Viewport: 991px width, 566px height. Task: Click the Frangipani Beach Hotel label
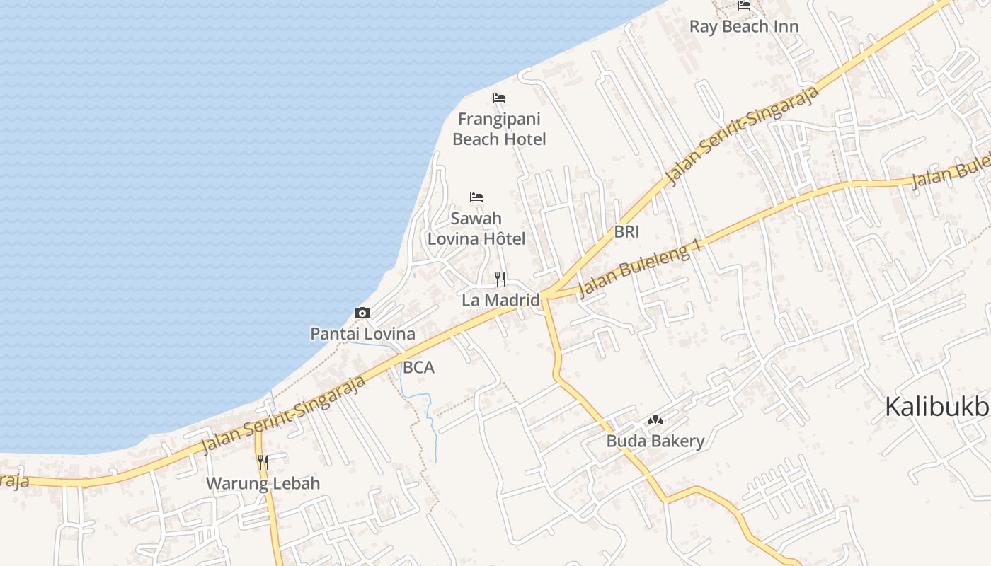click(x=499, y=129)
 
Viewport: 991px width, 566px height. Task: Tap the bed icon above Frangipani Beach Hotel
click(x=499, y=98)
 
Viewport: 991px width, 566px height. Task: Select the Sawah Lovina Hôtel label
click(x=476, y=229)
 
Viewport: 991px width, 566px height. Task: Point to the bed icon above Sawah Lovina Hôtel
click(x=476, y=197)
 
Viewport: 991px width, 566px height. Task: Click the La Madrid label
click(x=500, y=300)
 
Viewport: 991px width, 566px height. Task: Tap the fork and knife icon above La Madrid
click(x=500, y=279)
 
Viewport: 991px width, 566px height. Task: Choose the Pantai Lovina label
click(x=362, y=333)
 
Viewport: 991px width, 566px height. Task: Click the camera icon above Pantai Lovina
click(x=362, y=313)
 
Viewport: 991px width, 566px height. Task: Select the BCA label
click(x=418, y=368)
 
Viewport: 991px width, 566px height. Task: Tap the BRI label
click(x=626, y=231)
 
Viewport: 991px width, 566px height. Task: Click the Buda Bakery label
click(x=655, y=441)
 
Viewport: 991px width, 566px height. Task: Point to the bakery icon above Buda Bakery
click(x=655, y=420)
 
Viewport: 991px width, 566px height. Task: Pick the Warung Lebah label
click(x=263, y=484)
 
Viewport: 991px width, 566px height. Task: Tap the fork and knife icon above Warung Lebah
click(x=263, y=463)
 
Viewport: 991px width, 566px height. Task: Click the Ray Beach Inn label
click(x=744, y=27)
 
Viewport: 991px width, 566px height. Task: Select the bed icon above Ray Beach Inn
click(x=744, y=6)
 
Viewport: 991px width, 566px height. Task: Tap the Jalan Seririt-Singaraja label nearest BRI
click(x=743, y=135)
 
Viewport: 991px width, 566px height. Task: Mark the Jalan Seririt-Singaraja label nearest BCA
click(x=284, y=415)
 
